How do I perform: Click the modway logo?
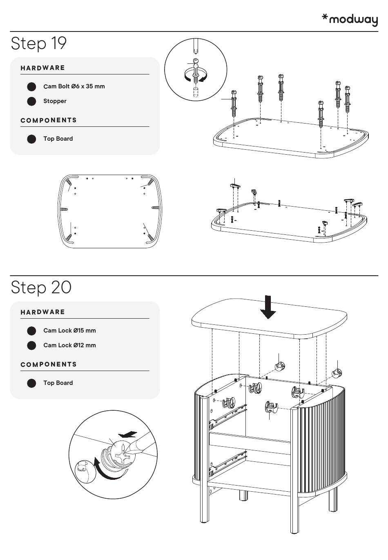click(x=350, y=19)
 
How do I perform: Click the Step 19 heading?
click(x=39, y=43)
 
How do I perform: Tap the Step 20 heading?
click(x=41, y=287)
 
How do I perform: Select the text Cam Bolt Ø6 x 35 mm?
click(x=74, y=86)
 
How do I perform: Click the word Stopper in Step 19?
click(x=55, y=101)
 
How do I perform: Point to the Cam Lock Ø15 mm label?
click(x=69, y=331)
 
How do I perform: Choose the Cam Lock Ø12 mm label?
click(x=69, y=345)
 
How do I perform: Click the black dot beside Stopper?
click(x=31, y=101)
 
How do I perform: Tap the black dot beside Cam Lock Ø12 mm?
click(x=31, y=346)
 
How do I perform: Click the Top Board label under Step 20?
click(x=58, y=383)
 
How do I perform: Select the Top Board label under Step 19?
click(x=58, y=139)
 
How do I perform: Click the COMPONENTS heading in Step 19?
click(x=49, y=120)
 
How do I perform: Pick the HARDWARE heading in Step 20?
click(x=43, y=312)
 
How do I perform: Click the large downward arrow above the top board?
click(x=268, y=307)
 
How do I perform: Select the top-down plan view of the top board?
click(x=110, y=211)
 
